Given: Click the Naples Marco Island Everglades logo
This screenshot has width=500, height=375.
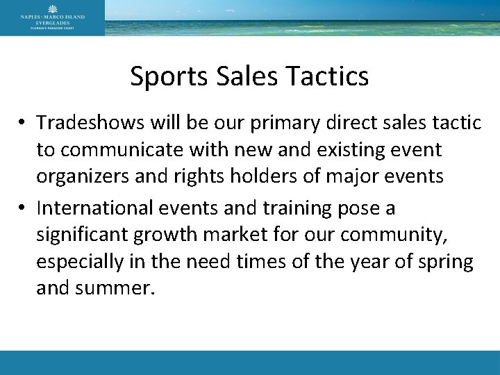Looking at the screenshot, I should (52, 17).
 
